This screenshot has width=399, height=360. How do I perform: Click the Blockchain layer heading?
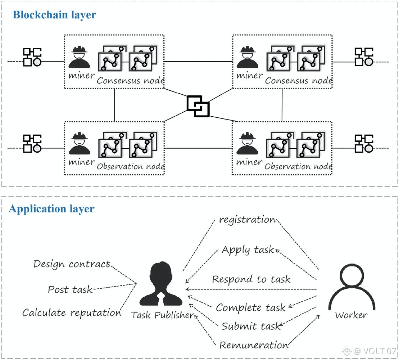[54, 15]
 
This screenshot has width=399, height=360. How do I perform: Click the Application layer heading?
[51, 209]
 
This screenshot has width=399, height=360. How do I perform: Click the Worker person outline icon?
[352, 288]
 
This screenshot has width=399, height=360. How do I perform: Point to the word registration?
[248, 220]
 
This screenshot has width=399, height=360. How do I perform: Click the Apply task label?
[248, 250]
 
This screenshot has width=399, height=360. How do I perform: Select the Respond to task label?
[251, 279]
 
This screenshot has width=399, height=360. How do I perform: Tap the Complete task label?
[251, 308]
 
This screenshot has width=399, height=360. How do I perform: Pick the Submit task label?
[251, 326]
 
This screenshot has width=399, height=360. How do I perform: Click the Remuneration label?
[254, 345]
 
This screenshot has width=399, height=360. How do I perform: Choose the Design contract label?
[72, 264]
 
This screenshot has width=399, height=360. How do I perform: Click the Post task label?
[70, 289]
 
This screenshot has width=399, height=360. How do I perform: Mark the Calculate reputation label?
[72, 313]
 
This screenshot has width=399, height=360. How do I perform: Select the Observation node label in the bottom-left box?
[131, 167]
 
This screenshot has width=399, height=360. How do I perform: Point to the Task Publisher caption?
[163, 315]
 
